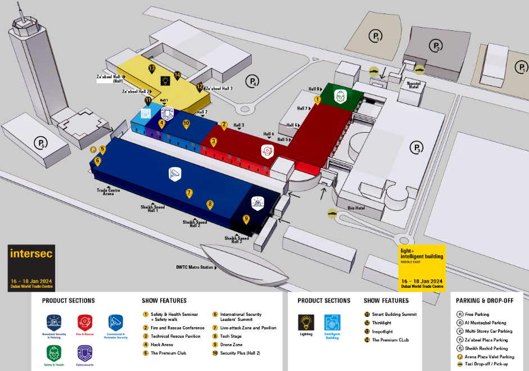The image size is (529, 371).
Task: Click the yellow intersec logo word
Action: point(31,254)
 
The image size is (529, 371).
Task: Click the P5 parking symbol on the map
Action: point(40,143)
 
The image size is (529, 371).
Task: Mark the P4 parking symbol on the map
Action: point(253,81)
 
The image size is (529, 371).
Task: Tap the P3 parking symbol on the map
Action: point(416,148)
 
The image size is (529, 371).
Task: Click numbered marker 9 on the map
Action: point(246,219)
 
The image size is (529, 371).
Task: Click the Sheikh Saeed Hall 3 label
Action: point(237,239)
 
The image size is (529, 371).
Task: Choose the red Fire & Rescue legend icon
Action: point(85,322)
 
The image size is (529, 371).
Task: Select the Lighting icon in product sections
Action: point(306,322)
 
